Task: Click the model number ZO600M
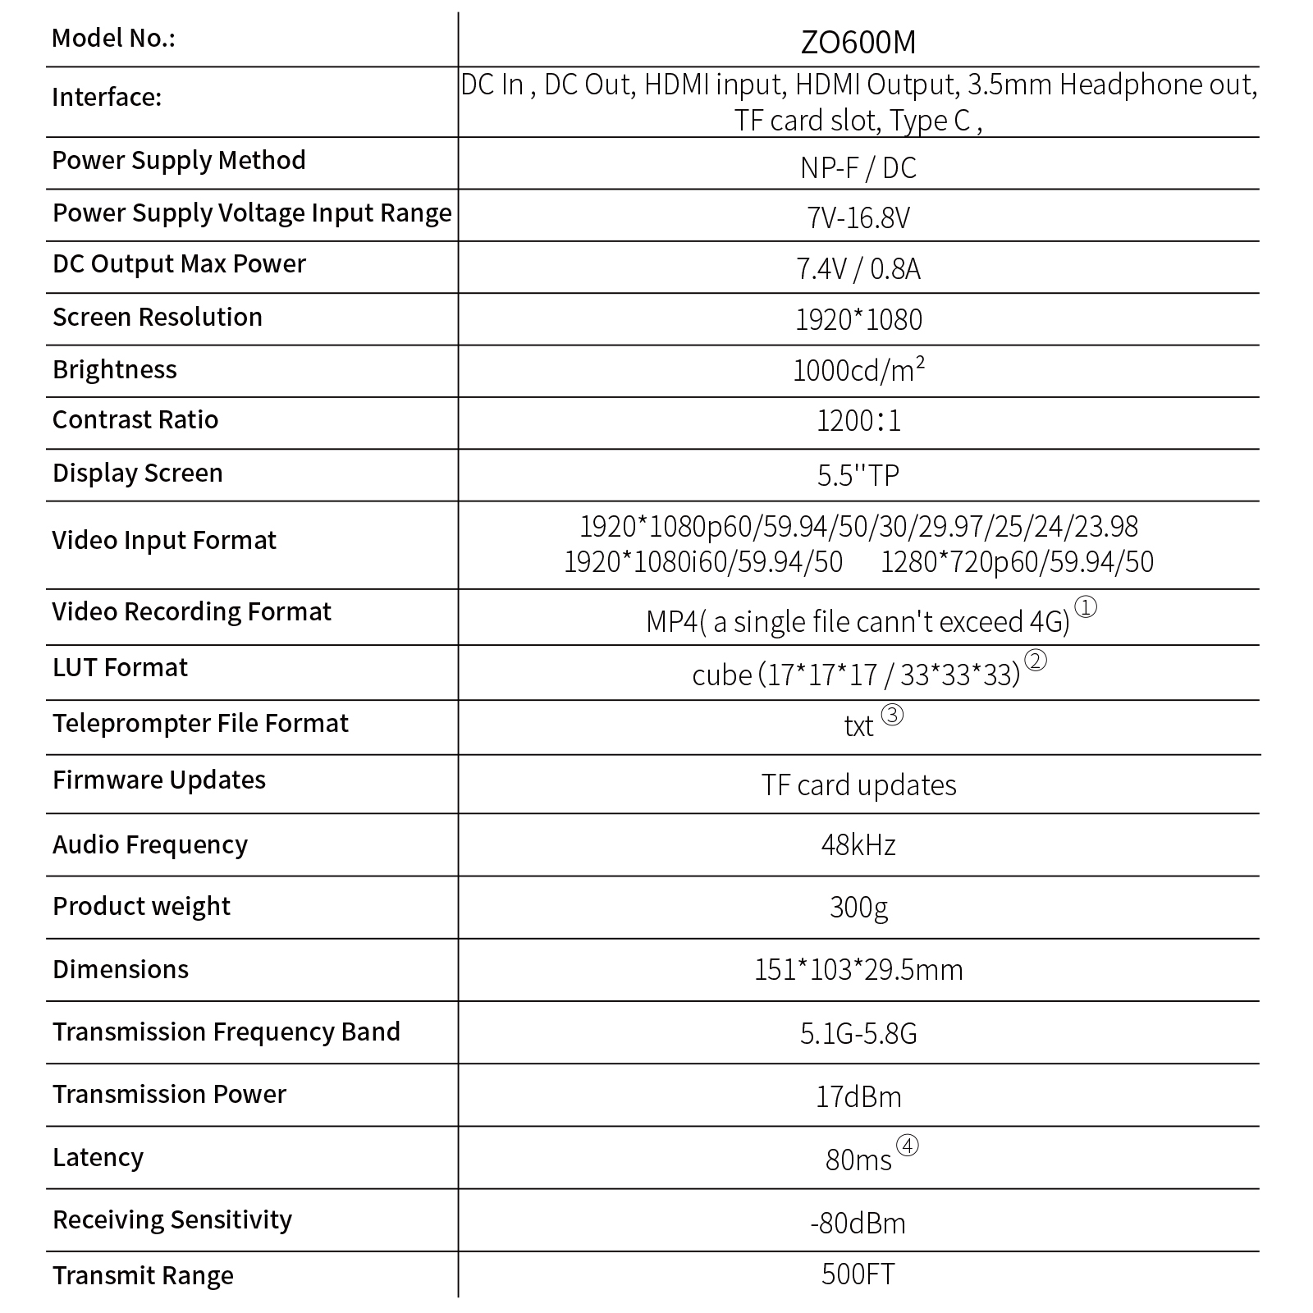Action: [x=858, y=42]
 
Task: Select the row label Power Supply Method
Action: [x=179, y=160]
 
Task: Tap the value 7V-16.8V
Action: [x=858, y=217]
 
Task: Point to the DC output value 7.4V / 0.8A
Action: [x=858, y=269]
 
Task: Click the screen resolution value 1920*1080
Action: [x=858, y=320]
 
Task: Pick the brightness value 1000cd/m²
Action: [x=858, y=371]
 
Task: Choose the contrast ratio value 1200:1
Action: [x=858, y=422]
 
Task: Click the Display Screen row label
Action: [x=138, y=474]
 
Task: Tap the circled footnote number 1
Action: [x=1085, y=607]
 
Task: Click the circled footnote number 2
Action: [x=1036, y=661]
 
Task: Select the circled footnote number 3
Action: [x=892, y=716]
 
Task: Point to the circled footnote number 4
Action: [x=907, y=1146]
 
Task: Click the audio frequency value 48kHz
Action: [x=858, y=845]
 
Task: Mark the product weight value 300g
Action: [x=858, y=908]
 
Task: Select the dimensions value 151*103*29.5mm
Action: [x=858, y=970]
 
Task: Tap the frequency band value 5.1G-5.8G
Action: [x=858, y=1033]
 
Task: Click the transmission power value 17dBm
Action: [x=858, y=1097]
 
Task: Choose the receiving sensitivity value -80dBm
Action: [x=858, y=1224]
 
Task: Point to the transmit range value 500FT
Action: [x=858, y=1274]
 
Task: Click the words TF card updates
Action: [x=858, y=785]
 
